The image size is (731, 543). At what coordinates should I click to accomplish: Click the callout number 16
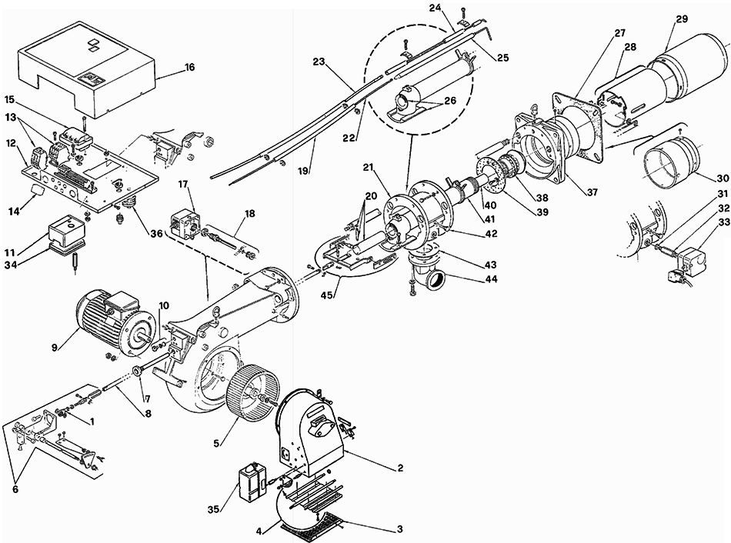[190, 67]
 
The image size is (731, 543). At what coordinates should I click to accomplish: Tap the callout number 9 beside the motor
[55, 348]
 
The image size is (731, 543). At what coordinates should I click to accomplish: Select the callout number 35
[213, 510]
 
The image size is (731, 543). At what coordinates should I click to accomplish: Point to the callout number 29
[682, 19]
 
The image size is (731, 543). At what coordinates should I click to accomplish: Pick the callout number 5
[216, 443]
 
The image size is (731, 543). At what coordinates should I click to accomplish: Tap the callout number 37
[592, 192]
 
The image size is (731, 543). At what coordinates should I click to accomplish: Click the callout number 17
[183, 185]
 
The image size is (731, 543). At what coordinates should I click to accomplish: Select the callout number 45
[327, 295]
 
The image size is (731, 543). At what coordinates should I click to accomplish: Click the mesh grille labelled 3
[312, 525]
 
